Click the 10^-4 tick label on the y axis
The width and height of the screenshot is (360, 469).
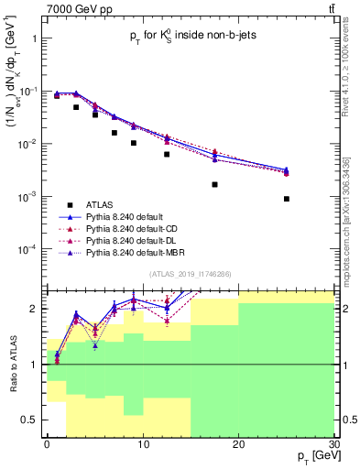[28, 250]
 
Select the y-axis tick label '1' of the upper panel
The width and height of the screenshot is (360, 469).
[35, 39]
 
